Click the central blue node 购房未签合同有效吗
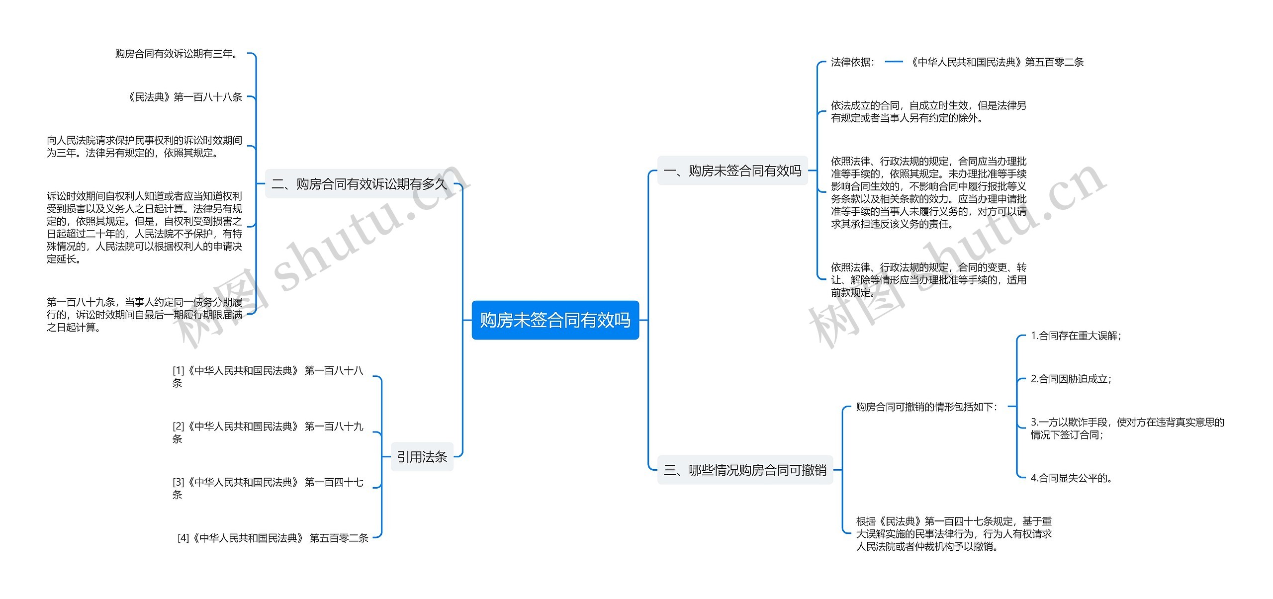(555, 320)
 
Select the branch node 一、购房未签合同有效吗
(732, 171)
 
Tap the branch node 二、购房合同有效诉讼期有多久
(359, 184)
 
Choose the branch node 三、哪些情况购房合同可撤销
(745, 470)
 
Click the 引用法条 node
(422, 456)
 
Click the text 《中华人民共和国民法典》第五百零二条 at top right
(996, 62)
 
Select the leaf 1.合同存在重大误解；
(1076, 336)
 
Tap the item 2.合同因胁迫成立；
(1071, 379)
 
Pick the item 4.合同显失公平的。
(1071, 478)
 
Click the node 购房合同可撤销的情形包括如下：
(926, 407)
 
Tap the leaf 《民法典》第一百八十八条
(184, 97)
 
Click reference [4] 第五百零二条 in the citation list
(273, 538)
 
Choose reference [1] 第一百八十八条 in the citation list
(268, 376)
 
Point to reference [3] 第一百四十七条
(268, 488)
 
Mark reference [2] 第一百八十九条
(268, 432)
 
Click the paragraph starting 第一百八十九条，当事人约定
(144, 314)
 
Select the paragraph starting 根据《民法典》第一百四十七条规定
(953, 533)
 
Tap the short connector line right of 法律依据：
(894, 62)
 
